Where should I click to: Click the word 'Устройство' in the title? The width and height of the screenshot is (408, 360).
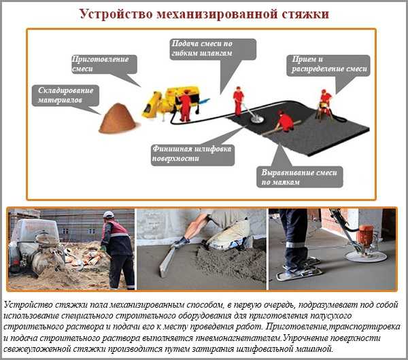pyautogui.click(x=116, y=14)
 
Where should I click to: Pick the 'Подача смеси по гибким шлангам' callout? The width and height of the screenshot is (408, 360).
pyautogui.click(x=212, y=50)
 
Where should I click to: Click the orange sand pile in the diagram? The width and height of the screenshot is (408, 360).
pyautogui.click(x=118, y=120)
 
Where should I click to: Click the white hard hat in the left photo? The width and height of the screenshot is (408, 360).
pyautogui.click(x=108, y=215)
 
